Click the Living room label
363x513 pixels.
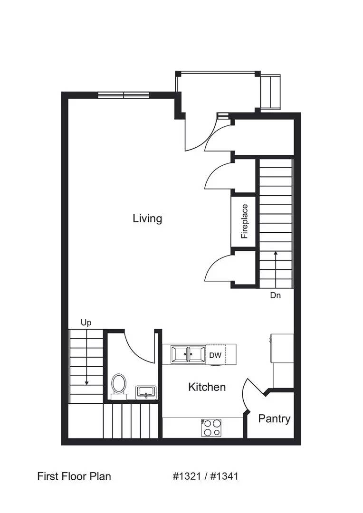(147, 218)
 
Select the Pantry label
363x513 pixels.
(274, 418)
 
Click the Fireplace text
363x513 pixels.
(245, 221)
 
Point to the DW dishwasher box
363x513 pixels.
(215, 355)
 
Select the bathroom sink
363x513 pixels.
(145, 392)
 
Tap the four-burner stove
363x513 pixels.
(211, 427)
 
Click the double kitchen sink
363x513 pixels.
(188, 354)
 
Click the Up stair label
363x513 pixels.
(86, 323)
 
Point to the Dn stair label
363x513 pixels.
(276, 295)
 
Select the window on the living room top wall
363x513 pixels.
(124, 95)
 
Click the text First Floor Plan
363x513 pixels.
(74, 476)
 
